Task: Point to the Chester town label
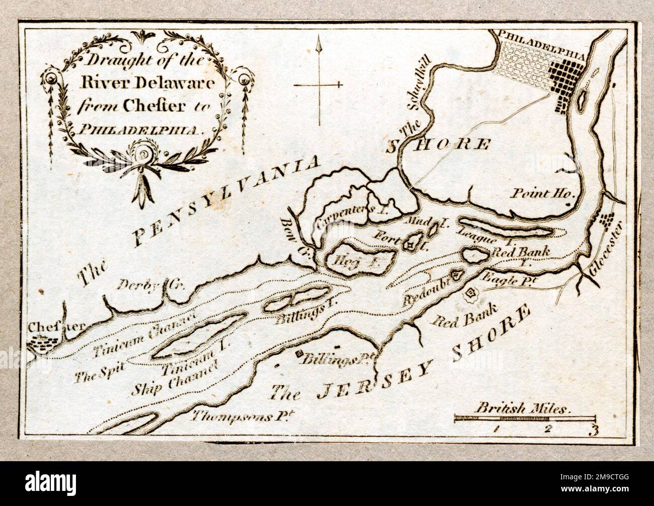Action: point(49,327)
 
